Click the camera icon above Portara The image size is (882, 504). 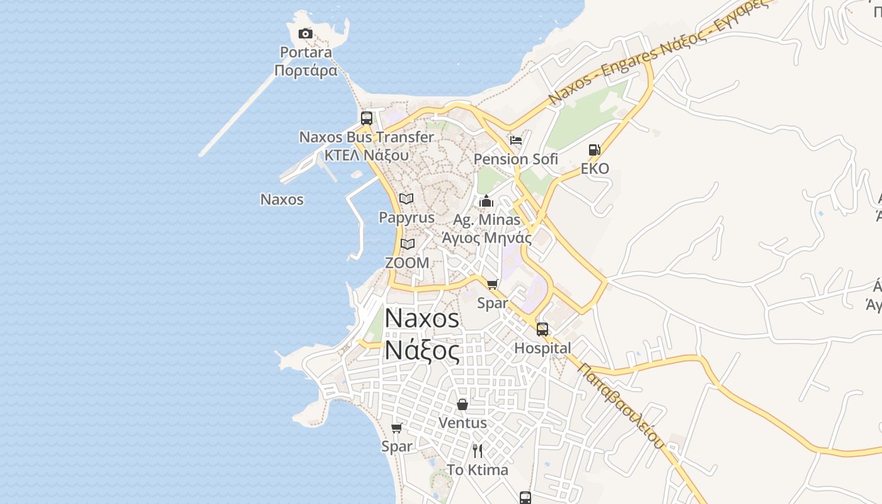[x=306, y=34]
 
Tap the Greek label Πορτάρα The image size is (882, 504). [x=306, y=70]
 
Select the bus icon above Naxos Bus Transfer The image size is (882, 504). [x=367, y=118]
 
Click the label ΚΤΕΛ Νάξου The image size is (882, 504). [x=367, y=155]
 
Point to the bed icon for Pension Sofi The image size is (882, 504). [x=516, y=140]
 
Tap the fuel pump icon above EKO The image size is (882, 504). [x=594, y=150]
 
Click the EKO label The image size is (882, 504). [x=595, y=169]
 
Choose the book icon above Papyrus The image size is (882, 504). [x=406, y=199]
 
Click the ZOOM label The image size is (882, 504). [x=407, y=263]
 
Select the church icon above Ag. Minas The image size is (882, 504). [x=486, y=202]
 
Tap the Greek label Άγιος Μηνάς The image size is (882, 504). [x=486, y=238]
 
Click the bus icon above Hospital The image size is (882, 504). [x=542, y=329]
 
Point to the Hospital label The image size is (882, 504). [x=542, y=348]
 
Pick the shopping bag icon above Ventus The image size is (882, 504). [x=462, y=404]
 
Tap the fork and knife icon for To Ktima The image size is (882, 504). [x=478, y=451]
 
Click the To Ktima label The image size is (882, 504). [x=478, y=470]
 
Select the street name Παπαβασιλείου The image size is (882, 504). [x=621, y=406]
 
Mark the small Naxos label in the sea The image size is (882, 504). [x=282, y=200]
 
